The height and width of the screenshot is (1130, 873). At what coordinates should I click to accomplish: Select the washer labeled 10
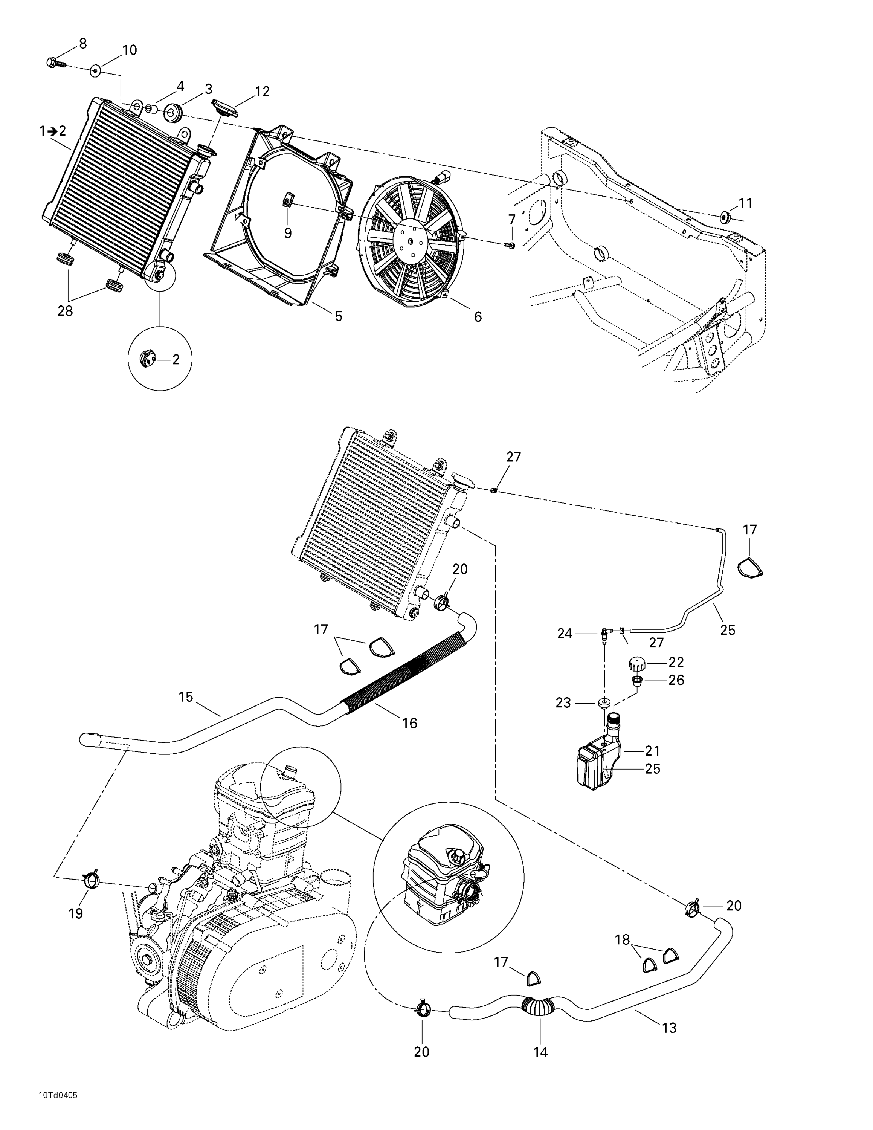pyautogui.click(x=96, y=71)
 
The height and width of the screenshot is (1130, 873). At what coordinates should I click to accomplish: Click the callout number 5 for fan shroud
pyautogui.click(x=338, y=316)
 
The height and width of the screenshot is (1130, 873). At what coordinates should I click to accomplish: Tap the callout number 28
pyautogui.click(x=65, y=311)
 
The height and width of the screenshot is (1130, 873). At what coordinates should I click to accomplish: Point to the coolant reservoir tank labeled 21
pyautogui.click(x=595, y=764)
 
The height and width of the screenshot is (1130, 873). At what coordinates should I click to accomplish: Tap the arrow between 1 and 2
pyautogui.click(x=52, y=131)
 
